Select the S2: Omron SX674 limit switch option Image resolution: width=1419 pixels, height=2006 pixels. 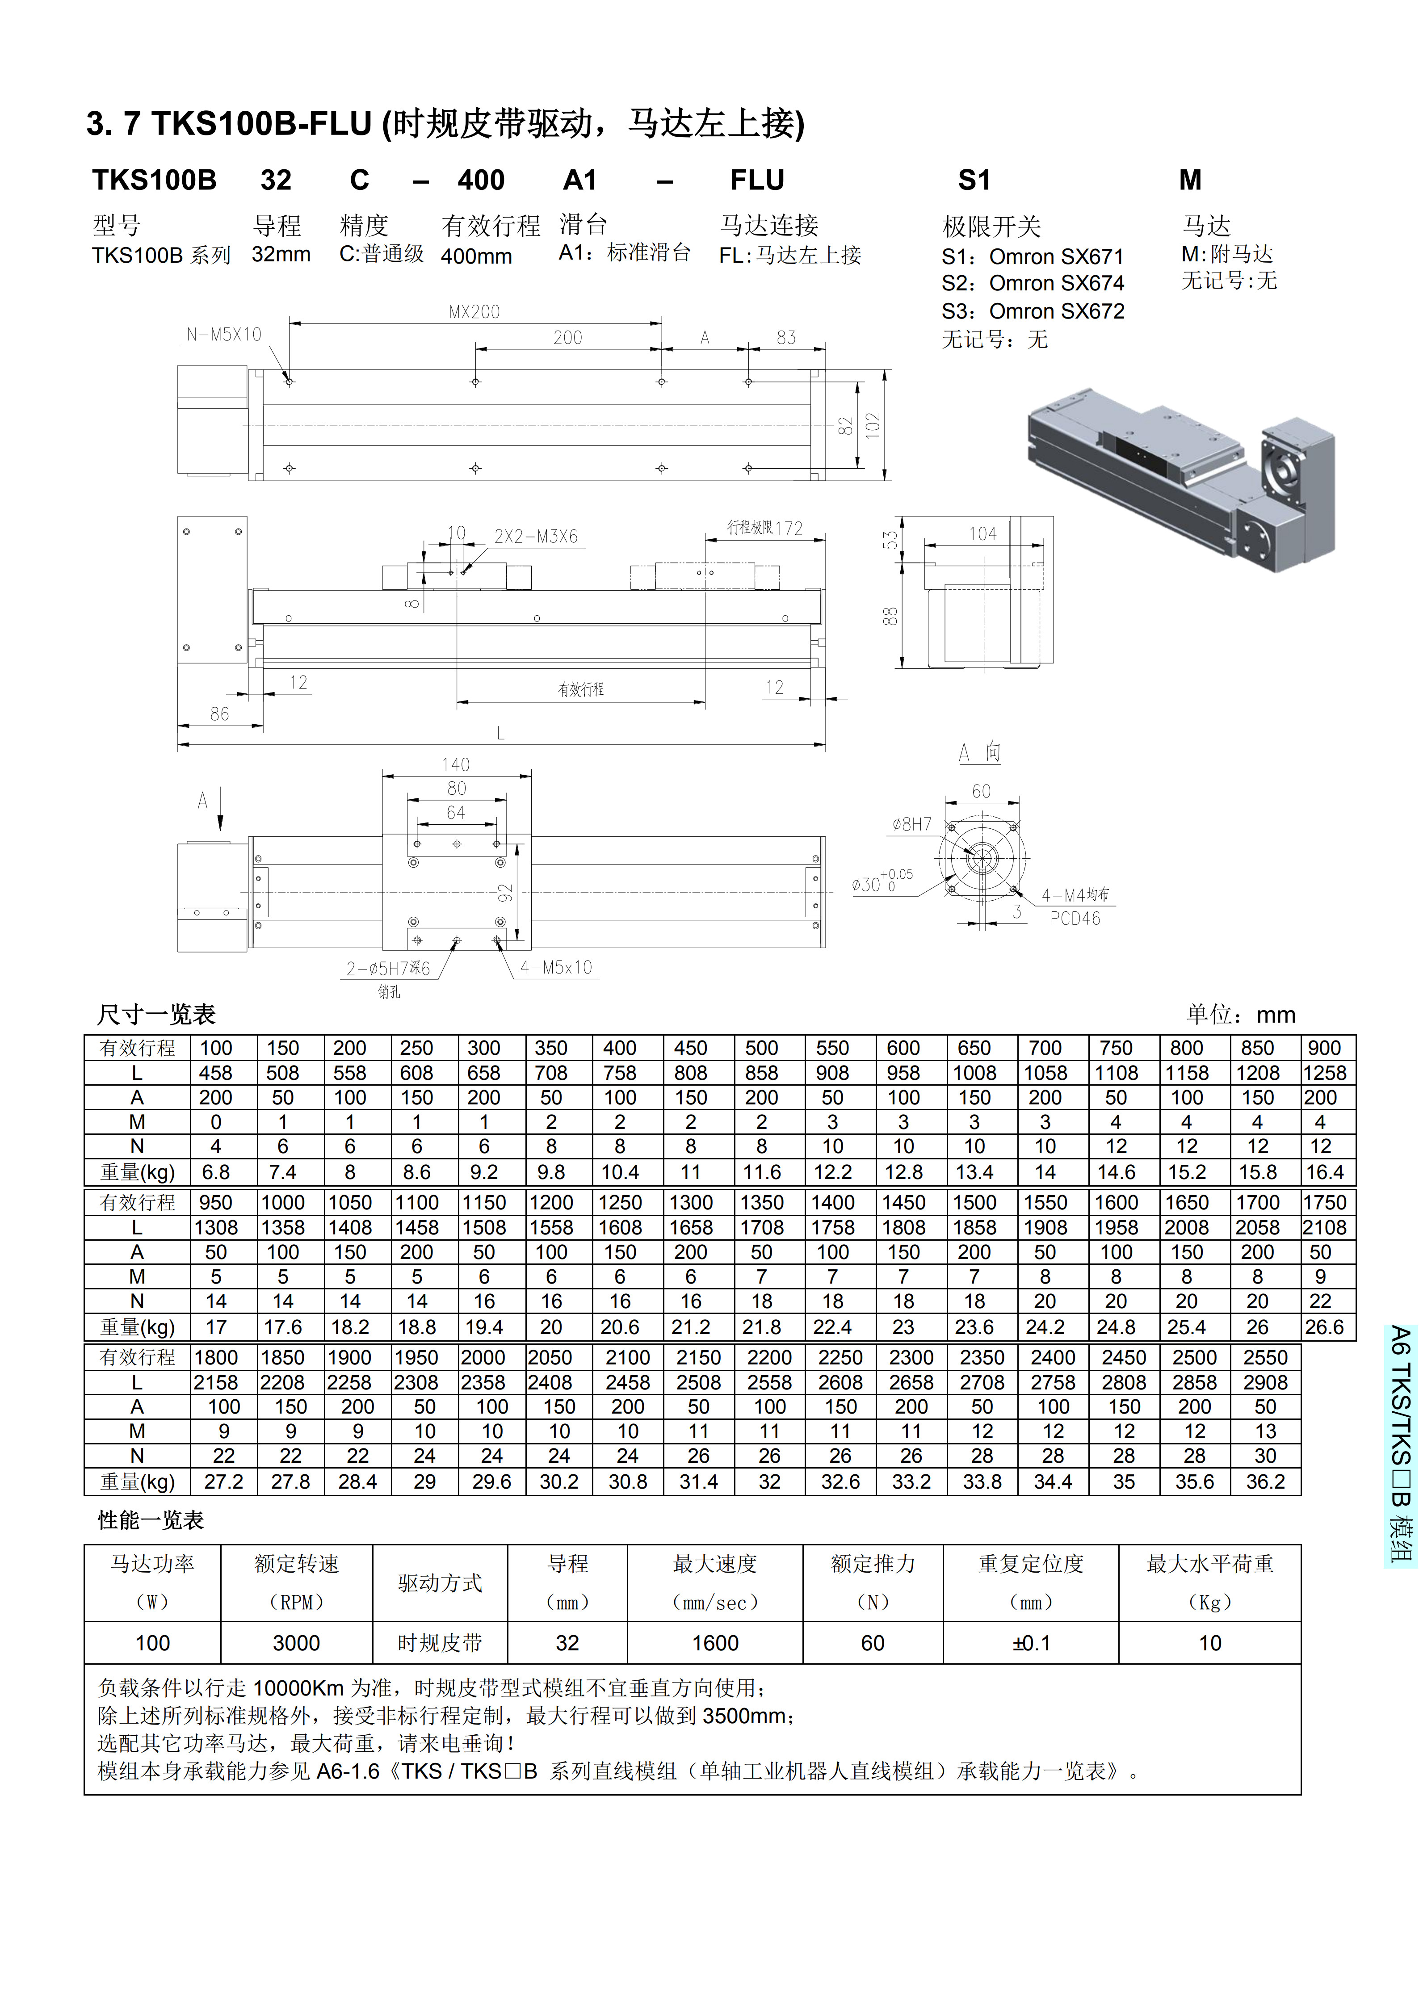1033,283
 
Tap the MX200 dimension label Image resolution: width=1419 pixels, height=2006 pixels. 474,312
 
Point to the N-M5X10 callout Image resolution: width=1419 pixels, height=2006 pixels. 224,335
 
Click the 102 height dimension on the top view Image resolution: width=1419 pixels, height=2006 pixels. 873,425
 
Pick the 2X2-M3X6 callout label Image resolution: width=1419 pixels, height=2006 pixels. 537,537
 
